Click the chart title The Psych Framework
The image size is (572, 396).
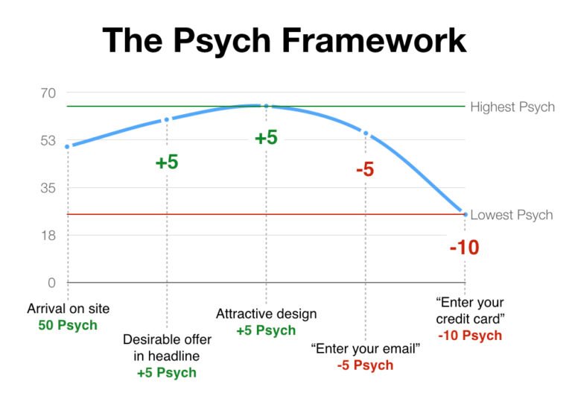point(285,40)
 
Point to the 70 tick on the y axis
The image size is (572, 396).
point(48,93)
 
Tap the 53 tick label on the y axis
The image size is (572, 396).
point(48,141)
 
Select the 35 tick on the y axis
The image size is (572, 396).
point(48,188)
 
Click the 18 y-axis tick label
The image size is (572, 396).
point(48,236)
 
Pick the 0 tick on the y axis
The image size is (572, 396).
point(51,283)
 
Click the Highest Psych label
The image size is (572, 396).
point(512,107)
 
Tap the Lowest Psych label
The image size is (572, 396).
point(512,215)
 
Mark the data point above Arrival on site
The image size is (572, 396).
point(68,146)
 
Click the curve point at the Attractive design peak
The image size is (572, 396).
point(266,106)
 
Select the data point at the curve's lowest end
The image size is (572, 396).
point(465,214)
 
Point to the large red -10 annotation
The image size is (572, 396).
point(464,248)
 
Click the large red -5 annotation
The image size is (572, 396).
point(365,169)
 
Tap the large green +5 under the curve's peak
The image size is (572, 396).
point(266,138)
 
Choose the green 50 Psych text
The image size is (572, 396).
point(68,326)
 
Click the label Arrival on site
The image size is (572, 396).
point(68,309)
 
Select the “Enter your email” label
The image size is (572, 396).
point(366,348)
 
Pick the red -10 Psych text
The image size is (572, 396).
point(470,336)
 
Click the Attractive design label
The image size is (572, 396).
point(266,313)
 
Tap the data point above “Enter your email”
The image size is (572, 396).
point(366,133)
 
